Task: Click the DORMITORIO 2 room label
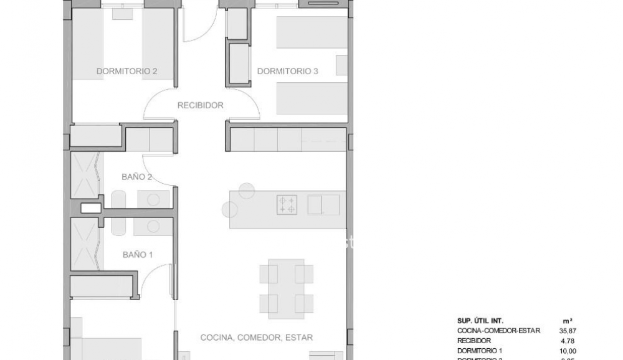126,72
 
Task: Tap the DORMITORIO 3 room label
288,72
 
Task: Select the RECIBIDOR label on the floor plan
200,105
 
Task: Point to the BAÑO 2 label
137,177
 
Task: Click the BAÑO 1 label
138,255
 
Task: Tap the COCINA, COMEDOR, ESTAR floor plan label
257,338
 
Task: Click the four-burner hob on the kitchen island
287,204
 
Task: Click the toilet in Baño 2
119,199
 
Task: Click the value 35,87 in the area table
568,331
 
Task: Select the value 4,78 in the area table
568,341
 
